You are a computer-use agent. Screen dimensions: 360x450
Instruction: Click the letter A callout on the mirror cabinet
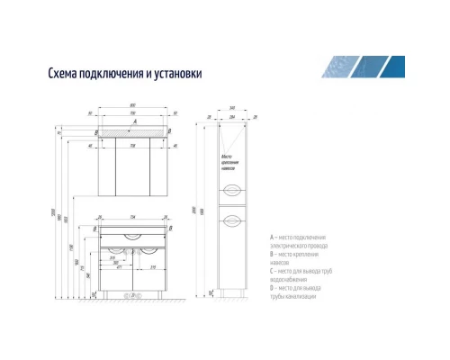tap(134, 120)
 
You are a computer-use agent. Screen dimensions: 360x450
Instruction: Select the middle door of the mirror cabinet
tap(135, 166)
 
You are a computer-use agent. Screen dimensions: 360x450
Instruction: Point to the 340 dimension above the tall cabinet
tap(234, 108)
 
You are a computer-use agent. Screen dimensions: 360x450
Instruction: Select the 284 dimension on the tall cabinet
tap(234, 117)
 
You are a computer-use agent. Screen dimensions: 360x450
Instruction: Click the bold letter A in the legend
tap(271, 237)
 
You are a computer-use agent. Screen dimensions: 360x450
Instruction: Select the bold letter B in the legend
tap(271, 254)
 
